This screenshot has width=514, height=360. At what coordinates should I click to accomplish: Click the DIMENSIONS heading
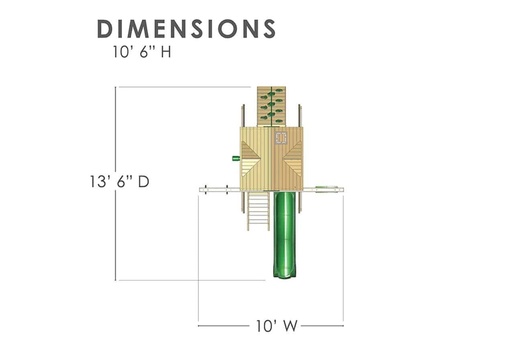click(x=186, y=29)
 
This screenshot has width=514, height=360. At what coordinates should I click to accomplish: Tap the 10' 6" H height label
click(x=142, y=52)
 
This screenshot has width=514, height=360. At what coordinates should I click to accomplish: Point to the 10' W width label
click(x=277, y=326)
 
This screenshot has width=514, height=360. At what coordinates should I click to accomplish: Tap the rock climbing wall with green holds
click(x=271, y=106)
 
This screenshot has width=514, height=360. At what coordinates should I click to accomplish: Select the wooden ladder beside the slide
click(x=258, y=211)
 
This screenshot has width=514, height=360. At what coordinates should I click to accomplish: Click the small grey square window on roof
click(x=281, y=138)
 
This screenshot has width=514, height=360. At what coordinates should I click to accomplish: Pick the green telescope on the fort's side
click(x=236, y=158)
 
